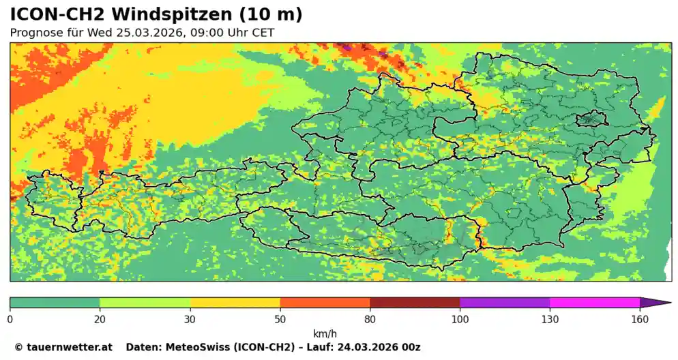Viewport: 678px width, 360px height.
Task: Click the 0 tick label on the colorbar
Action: tap(10, 318)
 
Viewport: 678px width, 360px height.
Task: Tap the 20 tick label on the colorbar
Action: tap(100, 318)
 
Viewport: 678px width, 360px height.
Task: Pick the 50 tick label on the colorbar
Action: tap(280, 318)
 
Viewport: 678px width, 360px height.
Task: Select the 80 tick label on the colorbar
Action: tap(370, 318)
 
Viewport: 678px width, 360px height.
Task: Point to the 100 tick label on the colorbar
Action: tap(460, 318)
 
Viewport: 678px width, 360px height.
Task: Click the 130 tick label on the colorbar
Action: tap(550, 318)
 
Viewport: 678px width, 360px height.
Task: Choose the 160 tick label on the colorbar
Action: tap(640, 318)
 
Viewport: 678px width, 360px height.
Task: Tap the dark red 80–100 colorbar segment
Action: tap(415, 302)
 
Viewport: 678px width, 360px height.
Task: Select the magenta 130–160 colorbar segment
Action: tap(595, 302)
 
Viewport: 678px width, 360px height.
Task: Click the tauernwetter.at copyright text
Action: tap(63, 347)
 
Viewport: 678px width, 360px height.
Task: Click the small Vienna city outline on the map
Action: tap(591, 120)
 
